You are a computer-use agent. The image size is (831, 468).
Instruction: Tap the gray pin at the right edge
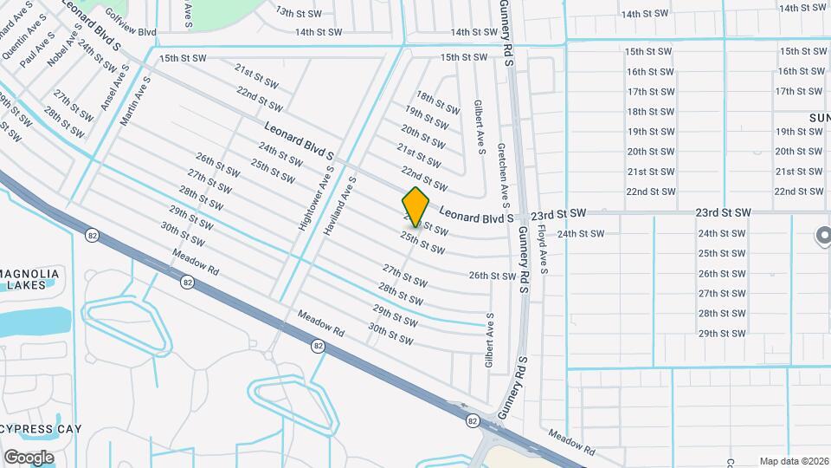pos(823,236)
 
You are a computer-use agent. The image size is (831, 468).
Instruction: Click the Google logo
pos(29,458)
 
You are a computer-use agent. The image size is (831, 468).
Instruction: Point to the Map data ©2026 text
pos(794,461)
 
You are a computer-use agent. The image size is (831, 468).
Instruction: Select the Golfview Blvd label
pos(130,32)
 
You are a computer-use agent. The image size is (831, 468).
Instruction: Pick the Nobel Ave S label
pos(66,54)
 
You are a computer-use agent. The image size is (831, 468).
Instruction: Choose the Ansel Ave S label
pos(113,93)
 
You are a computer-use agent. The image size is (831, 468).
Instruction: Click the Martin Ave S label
pos(136,101)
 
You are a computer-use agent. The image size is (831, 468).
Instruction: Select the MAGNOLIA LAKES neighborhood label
pos(30,279)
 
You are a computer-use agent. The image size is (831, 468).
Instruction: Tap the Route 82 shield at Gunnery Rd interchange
pos(472,421)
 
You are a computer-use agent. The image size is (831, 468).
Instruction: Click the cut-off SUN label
pos(820,117)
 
